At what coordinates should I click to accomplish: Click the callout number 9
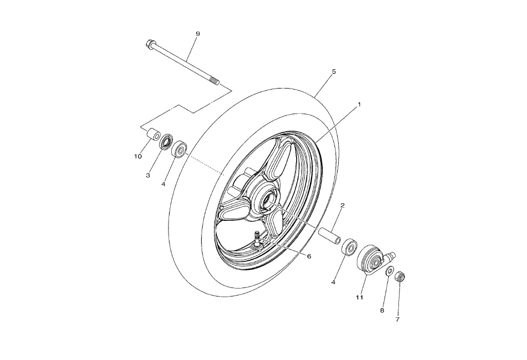tap(197, 34)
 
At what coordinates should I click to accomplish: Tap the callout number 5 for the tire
tap(333, 71)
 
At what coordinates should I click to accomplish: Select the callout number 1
tap(359, 105)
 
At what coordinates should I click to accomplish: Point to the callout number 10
tap(138, 156)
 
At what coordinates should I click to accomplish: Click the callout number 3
tap(148, 175)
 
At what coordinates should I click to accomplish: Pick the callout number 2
tap(342, 205)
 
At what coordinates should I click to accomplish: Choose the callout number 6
tap(308, 256)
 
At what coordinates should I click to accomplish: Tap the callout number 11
tap(360, 297)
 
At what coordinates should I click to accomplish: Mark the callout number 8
tap(382, 309)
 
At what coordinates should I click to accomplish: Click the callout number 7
tap(397, 319)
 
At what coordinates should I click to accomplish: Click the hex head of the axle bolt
tap(149, 45)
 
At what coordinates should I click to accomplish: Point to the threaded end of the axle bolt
tap(214, 82)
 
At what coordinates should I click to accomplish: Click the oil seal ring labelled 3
tap(166, 141)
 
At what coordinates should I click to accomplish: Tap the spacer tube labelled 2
tap(330, 236)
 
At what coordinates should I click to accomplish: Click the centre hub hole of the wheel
tap(266, 202)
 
